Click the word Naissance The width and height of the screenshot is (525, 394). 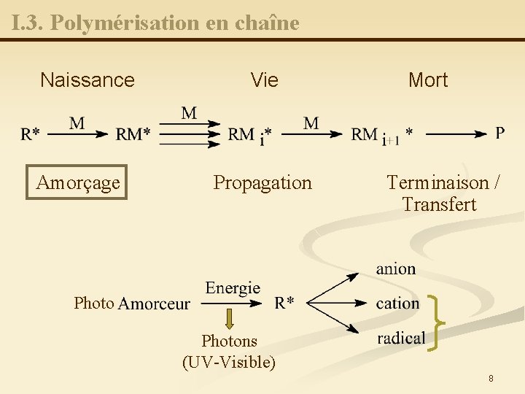coord(87,80)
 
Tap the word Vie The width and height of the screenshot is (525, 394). coord(264,80)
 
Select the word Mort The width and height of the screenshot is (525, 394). coord(428,80)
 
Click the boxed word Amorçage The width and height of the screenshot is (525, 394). coord(77,182)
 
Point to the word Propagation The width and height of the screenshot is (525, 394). coord(262,182)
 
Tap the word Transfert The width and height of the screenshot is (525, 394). coord(439,204)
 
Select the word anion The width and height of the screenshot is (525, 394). coord(396,269)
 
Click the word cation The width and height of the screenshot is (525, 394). coord(397,303)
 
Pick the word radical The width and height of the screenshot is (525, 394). coord(401,337)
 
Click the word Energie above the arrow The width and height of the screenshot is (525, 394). coord(233,287)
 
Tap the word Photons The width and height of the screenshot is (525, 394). coord(229,341)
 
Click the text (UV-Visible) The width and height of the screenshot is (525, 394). coord(229,361)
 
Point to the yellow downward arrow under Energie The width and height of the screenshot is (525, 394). coord(229,319)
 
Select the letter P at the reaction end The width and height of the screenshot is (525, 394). coord(499,132)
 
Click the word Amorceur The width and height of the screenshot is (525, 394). coord(154,304)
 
